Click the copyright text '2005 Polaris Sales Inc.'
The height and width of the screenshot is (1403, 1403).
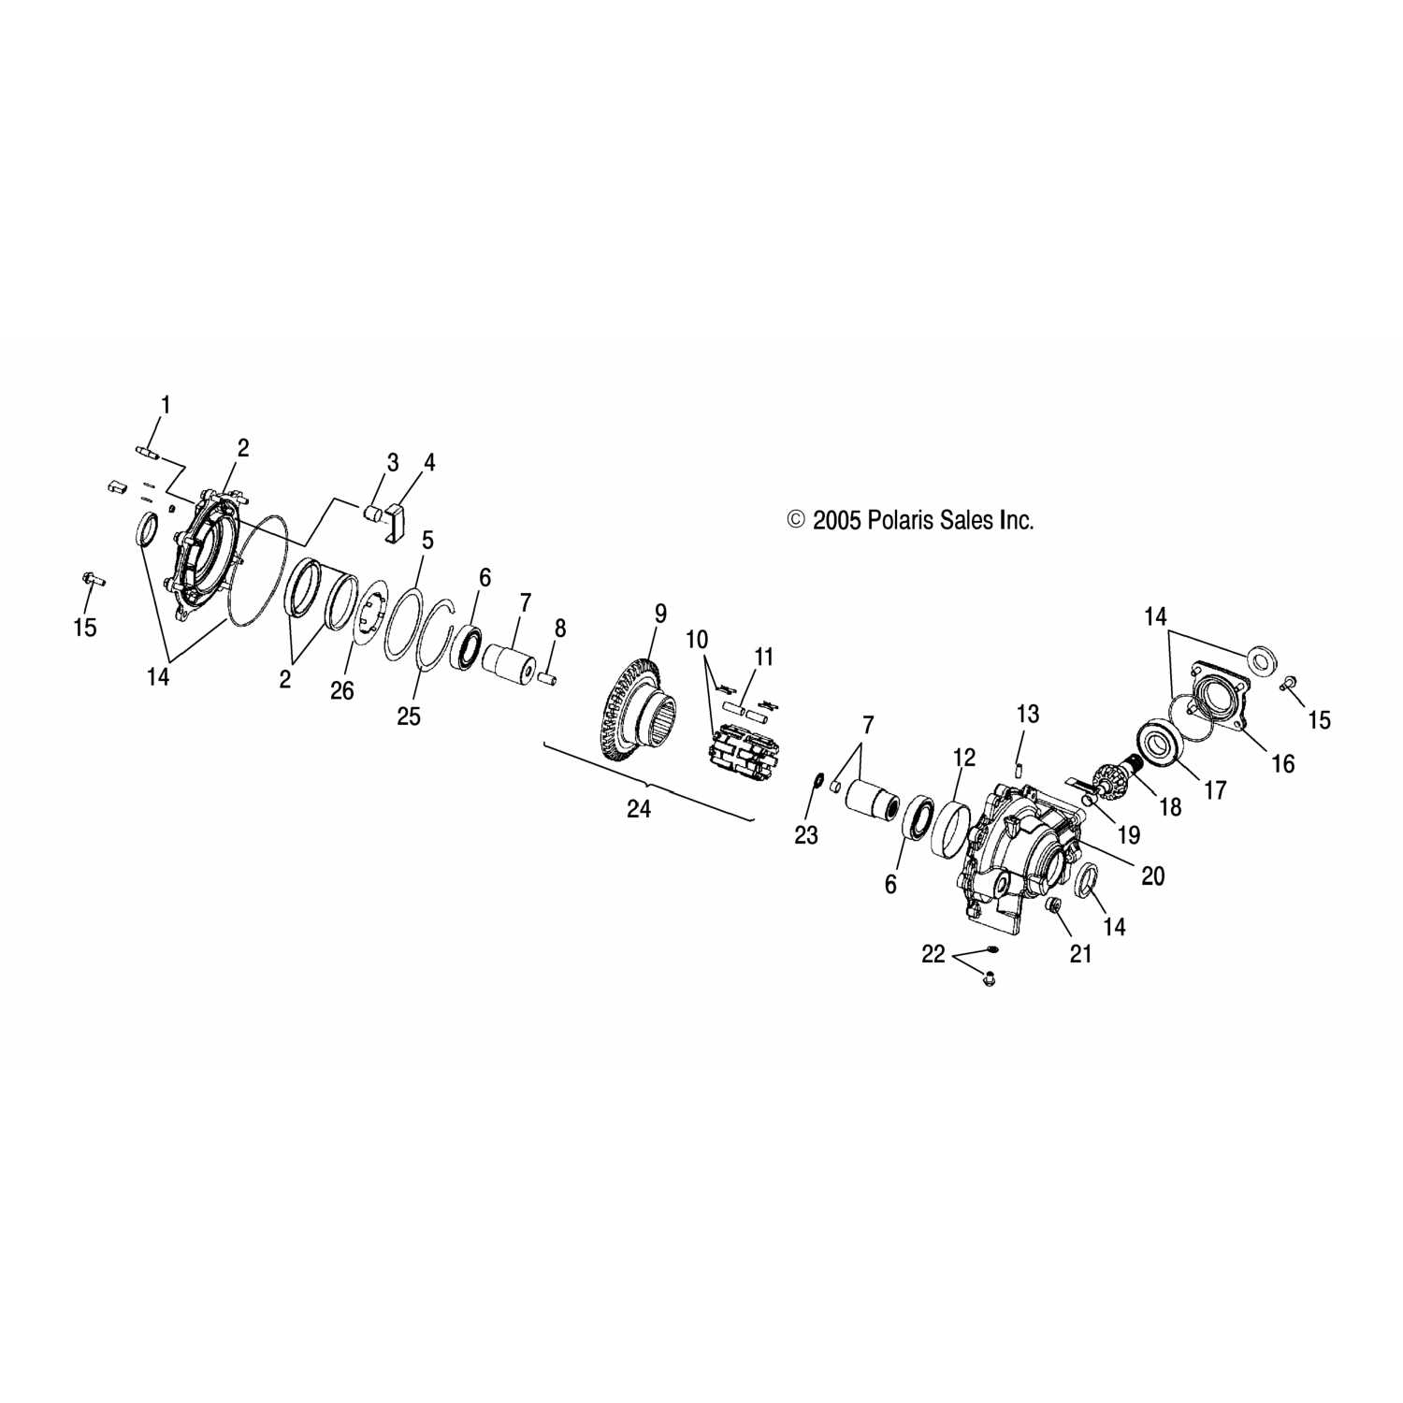click(923, 520)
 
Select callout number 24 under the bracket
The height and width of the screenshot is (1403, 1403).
click(639, 809)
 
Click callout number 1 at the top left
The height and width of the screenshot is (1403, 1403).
click(166, 406)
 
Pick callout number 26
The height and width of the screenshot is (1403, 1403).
click(342, 691)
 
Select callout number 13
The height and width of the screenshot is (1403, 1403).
click(1027, 715)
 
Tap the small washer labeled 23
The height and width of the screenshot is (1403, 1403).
click(817, 780)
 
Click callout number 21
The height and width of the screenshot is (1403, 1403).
click(1080, 955)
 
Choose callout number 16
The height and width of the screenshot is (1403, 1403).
click(1283, 764)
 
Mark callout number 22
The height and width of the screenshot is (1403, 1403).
click(933, 955)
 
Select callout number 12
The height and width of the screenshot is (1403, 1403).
click(964, 757)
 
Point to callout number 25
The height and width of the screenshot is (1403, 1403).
click(409, 716)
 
